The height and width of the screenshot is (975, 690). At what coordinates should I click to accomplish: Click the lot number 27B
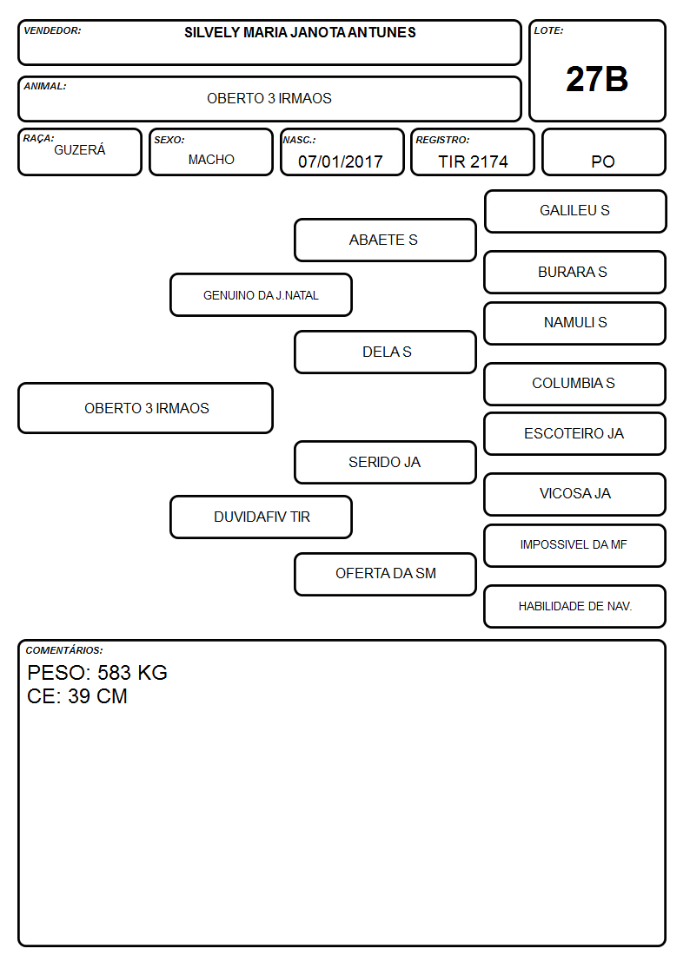597,79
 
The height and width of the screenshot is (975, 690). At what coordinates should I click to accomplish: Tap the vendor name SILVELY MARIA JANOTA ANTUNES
300,32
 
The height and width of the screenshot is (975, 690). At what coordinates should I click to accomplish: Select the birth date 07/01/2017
341,161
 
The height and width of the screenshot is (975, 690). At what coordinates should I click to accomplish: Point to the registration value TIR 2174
473,161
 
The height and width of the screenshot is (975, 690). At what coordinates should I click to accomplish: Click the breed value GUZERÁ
80,149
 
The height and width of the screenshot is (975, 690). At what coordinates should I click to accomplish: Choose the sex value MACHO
211,160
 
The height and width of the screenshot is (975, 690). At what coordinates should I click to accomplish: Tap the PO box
603,152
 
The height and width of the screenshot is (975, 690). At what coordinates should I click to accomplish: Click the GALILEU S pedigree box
575,212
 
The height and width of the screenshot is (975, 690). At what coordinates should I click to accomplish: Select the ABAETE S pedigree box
385,240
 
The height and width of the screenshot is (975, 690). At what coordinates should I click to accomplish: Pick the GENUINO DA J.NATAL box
261,294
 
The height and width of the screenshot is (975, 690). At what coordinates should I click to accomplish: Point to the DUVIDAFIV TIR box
261,517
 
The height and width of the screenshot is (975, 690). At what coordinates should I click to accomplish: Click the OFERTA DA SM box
385,574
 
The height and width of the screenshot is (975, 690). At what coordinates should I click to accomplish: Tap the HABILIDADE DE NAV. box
575,606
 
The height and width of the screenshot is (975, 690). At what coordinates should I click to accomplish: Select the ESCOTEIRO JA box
575,433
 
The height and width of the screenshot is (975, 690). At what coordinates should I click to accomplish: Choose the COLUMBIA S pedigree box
575,384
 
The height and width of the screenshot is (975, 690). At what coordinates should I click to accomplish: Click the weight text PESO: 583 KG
97,673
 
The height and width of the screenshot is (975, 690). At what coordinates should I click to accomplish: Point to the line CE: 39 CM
77,696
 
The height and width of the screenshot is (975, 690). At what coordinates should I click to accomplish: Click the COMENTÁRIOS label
64,650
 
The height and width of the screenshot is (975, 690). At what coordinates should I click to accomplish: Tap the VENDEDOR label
52,30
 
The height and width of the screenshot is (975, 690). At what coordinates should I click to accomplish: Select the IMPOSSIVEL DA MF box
575,545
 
